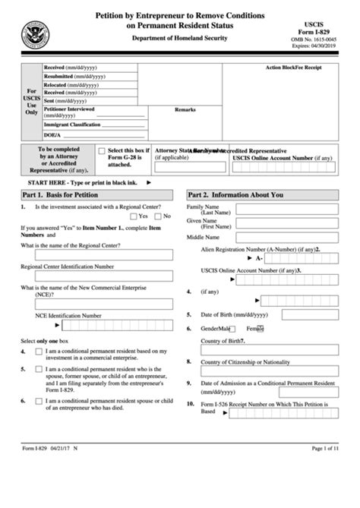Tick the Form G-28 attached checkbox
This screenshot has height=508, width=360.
point(102,153)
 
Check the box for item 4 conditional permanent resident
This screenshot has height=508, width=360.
point(38,352)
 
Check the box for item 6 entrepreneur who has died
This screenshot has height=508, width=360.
point(38,400)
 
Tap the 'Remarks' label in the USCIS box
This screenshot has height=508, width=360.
point(185,110)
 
